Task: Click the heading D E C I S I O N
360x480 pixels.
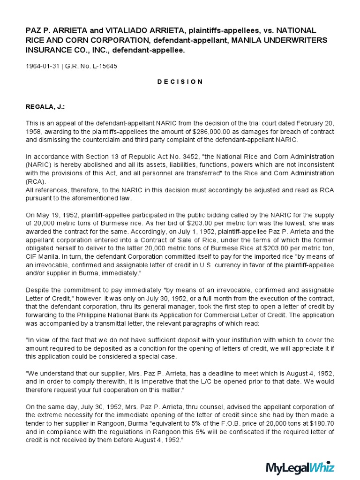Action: click(180, 82)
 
